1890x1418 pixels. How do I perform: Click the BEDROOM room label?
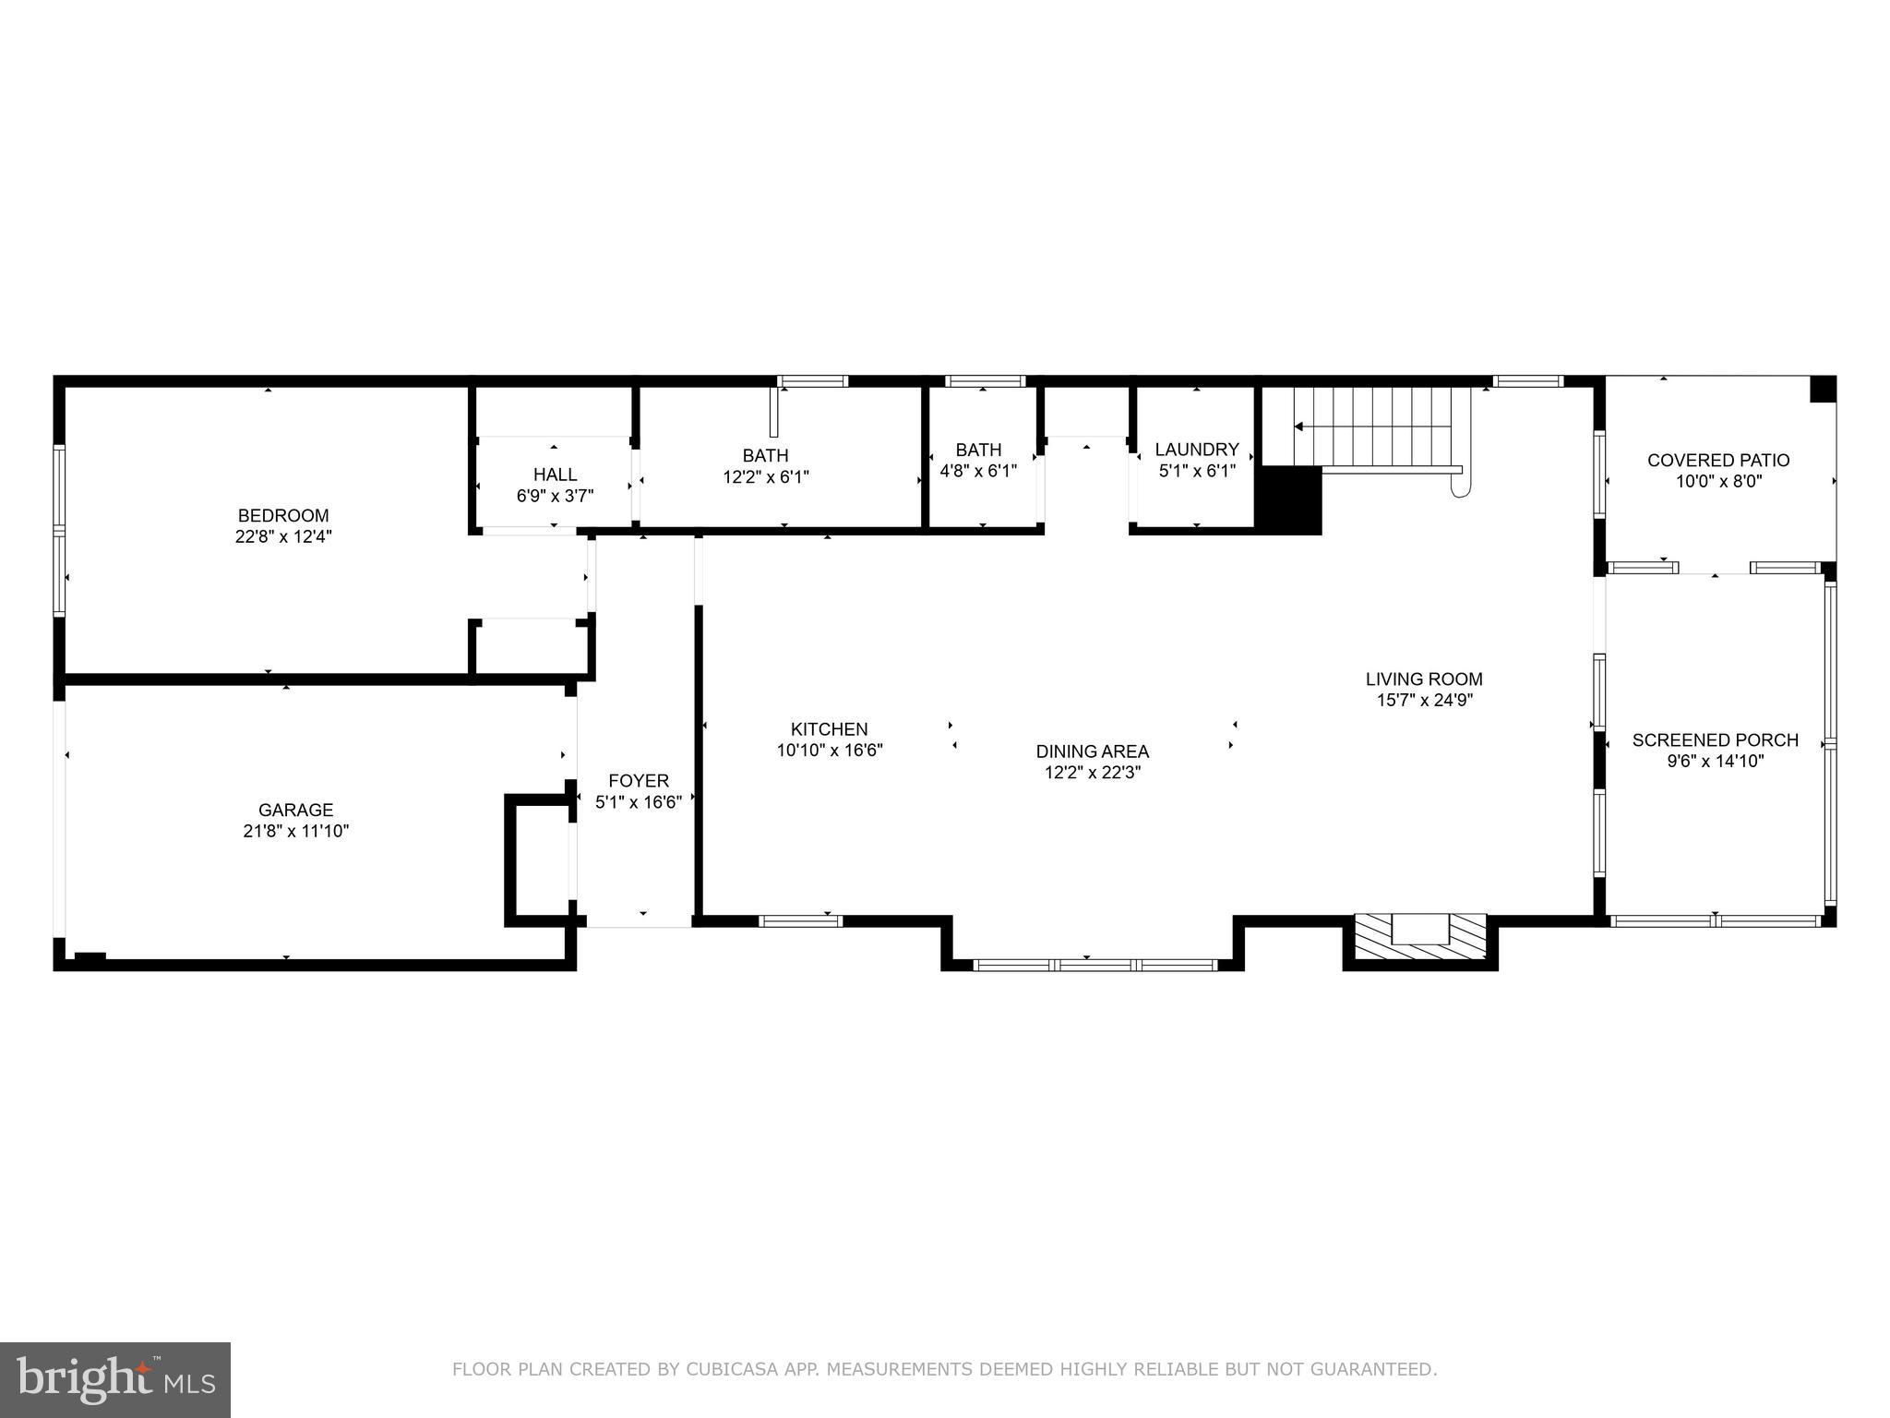tap(283, 515)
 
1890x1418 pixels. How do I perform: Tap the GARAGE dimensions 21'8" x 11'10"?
tap(295, 831)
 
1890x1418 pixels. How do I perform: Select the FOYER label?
tap(639, 781)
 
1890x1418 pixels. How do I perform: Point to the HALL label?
tap(555, 475)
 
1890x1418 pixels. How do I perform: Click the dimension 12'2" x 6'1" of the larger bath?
tap(765, 477)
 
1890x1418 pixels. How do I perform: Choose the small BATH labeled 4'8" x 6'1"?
tap(978, 450)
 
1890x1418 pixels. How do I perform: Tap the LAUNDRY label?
tap(1196, 450)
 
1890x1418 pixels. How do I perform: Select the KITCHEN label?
tap(829, 729)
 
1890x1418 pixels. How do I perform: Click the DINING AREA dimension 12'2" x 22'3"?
tap(1093, 773)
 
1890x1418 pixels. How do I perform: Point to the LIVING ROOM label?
tap(1424, 679)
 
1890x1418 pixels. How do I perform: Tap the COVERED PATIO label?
tap(1718, 460)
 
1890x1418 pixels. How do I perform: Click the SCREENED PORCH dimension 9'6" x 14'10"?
tap(1715, 762)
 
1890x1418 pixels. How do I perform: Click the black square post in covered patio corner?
tap(1823, 389)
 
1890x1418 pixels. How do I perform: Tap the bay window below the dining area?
tap(1095, 965)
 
